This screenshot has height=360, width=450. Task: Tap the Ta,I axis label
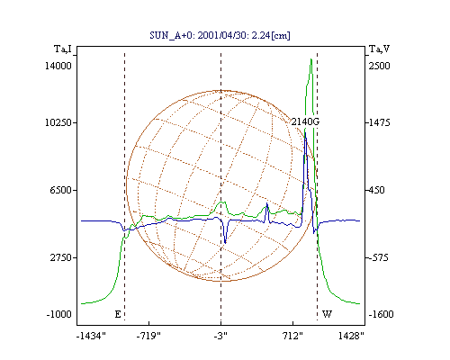click(x=63, y=49)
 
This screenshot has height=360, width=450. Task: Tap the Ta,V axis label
click(x=379, y=49)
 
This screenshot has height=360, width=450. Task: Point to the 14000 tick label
click(x=58, y=66)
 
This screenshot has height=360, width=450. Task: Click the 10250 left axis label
click(x=58, y=122)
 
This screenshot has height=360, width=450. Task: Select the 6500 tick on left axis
click(x=60, y=190)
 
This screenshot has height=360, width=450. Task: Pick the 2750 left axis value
click(x=60, y=257)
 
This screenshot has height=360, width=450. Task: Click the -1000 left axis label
click(x=58, y=314)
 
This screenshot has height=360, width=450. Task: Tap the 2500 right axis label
click(x=379, y=66)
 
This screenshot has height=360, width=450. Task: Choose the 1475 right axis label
click(x=380, y=122)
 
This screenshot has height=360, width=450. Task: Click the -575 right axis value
click(x=379, y=257)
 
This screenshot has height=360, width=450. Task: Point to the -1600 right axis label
click(x=381, y=314)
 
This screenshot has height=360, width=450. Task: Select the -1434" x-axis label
click(x=91, y=336)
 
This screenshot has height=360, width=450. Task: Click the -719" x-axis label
click(x=148, y=336)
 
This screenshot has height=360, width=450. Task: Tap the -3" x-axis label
click(x=220, y=336)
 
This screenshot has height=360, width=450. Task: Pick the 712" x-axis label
click(x=292, y=336)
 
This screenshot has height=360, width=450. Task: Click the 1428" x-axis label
click(x=351, y=336)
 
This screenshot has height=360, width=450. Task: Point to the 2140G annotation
click(x=305, y=121)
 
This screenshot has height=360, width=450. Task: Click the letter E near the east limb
click(x=118, y=314)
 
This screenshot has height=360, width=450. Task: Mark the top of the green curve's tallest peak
click(x=311, y=59)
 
